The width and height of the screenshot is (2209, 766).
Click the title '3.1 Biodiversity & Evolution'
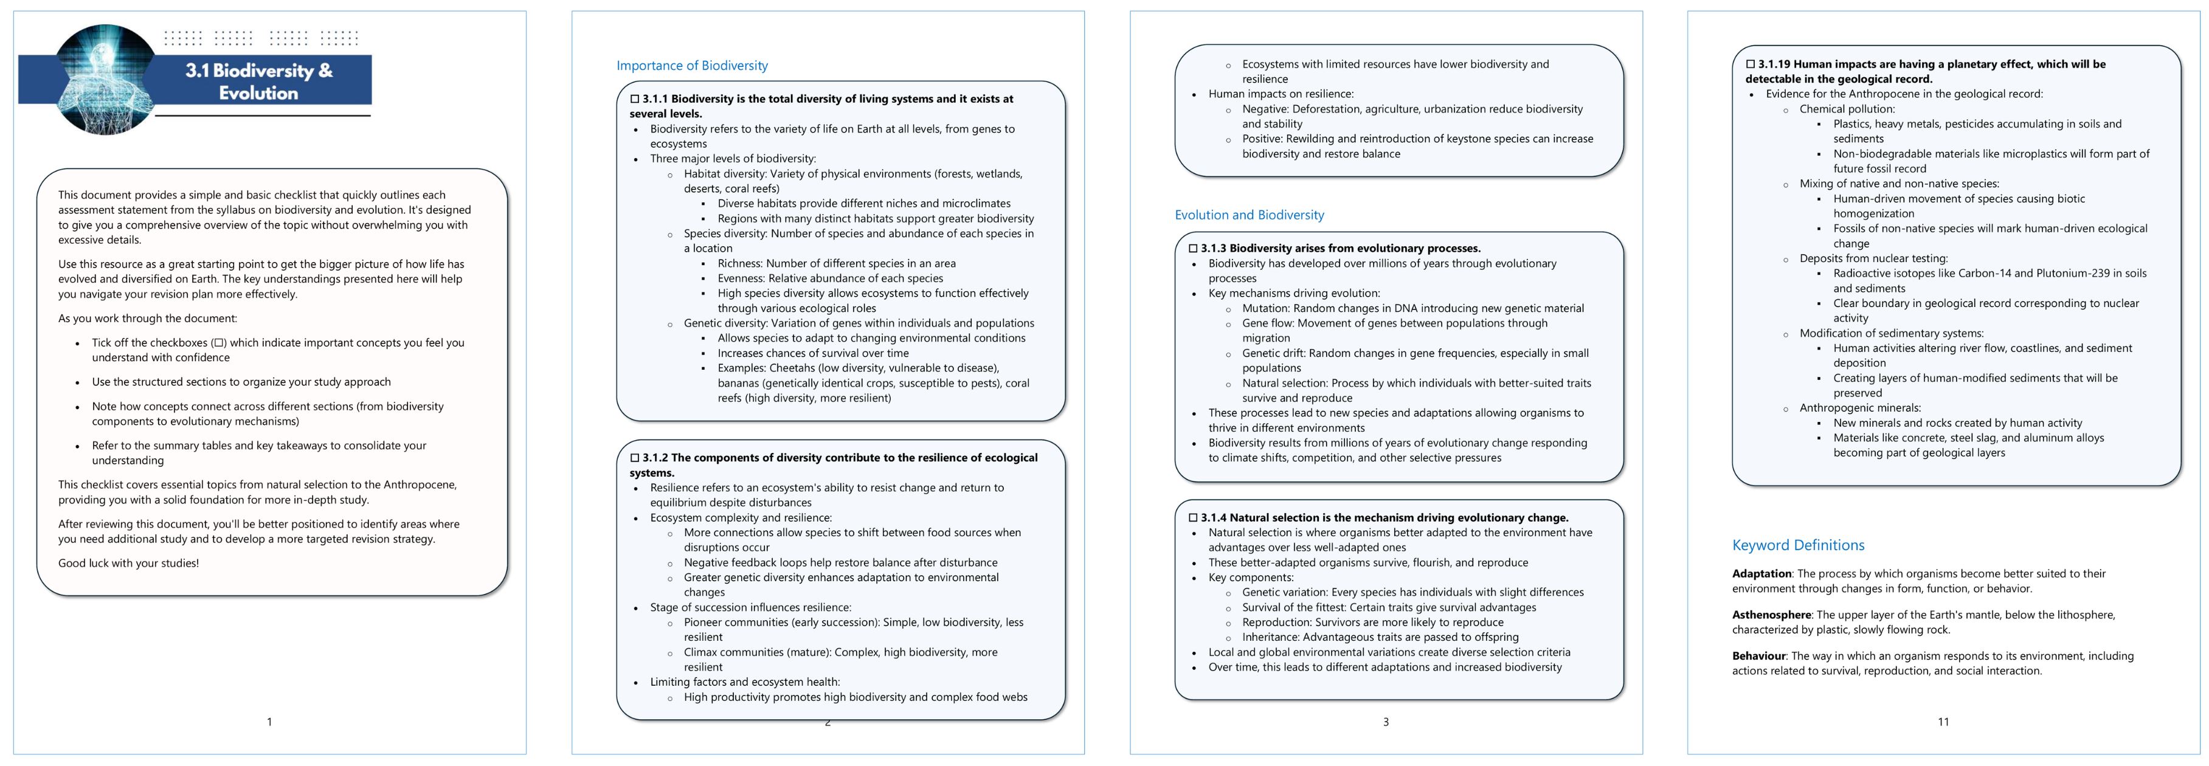pos(258,81)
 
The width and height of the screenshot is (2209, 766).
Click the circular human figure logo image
pos(103,79)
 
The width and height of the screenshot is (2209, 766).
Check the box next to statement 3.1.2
pos(635,458)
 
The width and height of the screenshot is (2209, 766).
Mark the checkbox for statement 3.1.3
pos(1193,249)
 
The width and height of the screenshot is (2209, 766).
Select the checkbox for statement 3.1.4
pos(1193,518)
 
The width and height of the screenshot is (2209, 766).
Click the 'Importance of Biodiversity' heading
pos(691,66)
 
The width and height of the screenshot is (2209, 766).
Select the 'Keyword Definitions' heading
pos(1797,545)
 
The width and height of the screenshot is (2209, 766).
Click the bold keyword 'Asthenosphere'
pos(1771,615)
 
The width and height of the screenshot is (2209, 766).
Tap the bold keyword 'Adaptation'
pos(1761,574)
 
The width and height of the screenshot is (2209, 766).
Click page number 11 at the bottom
pos(1943,722)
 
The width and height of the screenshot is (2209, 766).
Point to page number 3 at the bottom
pos(1386,722)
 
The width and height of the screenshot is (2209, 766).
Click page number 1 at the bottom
pos(269,722)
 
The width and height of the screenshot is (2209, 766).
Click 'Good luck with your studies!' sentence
pos(129,564)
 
